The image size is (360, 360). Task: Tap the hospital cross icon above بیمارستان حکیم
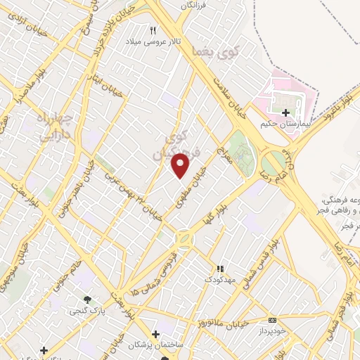[285, 112]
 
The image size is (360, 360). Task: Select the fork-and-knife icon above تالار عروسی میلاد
[153, 30]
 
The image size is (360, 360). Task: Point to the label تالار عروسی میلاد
[153, 42]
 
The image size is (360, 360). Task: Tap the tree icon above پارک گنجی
[87, 300]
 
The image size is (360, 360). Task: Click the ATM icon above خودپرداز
[273, 320]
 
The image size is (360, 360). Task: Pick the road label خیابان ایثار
[110, 82]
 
